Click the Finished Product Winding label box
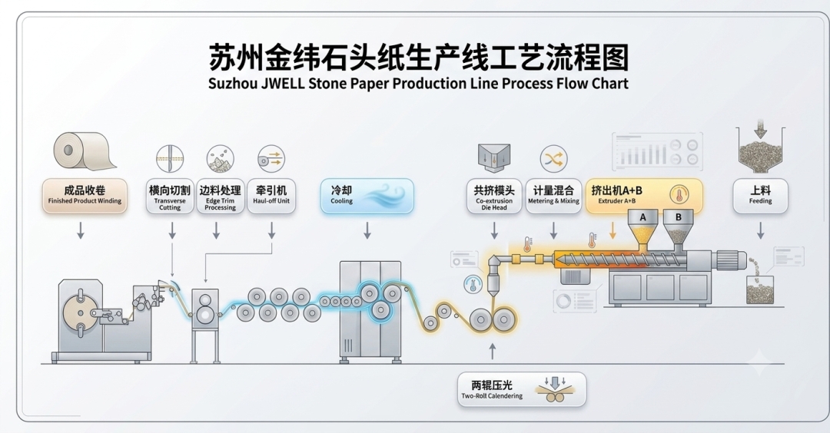85,196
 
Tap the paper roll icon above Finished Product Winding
83,151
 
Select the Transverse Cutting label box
170,196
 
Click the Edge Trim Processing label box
221,196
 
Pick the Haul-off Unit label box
271,196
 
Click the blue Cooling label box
367,196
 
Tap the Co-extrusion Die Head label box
494,196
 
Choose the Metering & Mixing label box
553,196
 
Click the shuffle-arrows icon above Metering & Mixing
553,159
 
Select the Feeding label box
760,196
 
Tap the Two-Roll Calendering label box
522,390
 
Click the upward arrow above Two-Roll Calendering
493,352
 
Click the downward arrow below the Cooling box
367,230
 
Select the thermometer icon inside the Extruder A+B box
679,194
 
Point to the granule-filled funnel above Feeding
761,150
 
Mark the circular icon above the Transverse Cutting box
170,159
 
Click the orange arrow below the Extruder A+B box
613,230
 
